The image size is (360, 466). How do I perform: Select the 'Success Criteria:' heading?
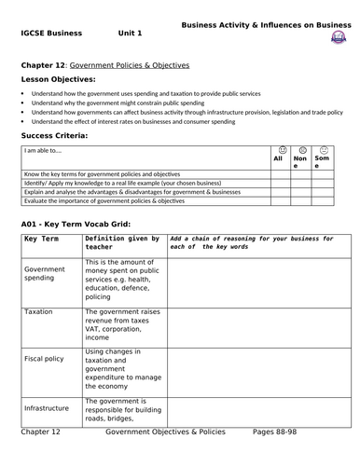(54, 135)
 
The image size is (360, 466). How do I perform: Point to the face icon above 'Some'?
(324, 149)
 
